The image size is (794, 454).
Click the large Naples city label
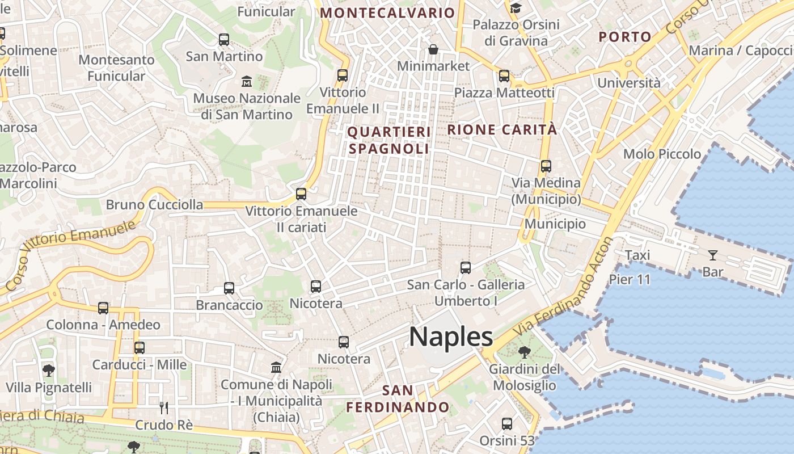tap(451, 337)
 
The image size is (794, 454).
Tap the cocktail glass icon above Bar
tap(712, 255)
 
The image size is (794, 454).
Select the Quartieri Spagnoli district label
tap(389, 140)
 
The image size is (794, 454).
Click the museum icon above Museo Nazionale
tap(247, 81)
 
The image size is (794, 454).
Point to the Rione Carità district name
tap(502, 129)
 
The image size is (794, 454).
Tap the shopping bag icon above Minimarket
tap(433, 49)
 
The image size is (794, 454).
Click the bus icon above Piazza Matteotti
tap(504, 75)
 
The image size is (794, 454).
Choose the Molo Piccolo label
tap(662, 154)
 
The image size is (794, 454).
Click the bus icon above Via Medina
tap(546, 166)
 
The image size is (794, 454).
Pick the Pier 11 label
tap(630, 279)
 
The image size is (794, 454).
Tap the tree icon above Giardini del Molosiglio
tap(525, 352)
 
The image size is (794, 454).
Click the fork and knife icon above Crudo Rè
tap(164, 407)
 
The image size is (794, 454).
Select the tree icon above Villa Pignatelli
tap(49, 371)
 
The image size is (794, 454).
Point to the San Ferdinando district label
tap(398, 399)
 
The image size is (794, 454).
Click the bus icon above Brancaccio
tap(229, 288)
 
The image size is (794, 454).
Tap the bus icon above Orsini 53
tap(507, 424)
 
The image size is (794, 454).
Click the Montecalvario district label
tap(388, 12)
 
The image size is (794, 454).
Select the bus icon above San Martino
tap(224, 40)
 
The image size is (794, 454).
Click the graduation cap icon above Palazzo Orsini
tap(516, 8)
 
